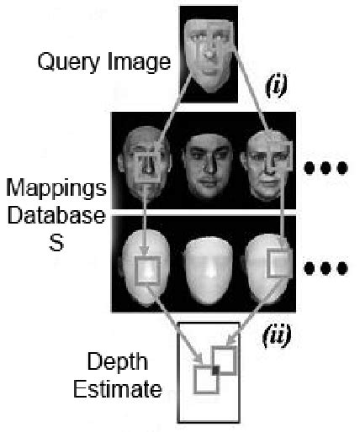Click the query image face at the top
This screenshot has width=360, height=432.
coord(210,51)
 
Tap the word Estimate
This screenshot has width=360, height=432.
coord(124,390)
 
